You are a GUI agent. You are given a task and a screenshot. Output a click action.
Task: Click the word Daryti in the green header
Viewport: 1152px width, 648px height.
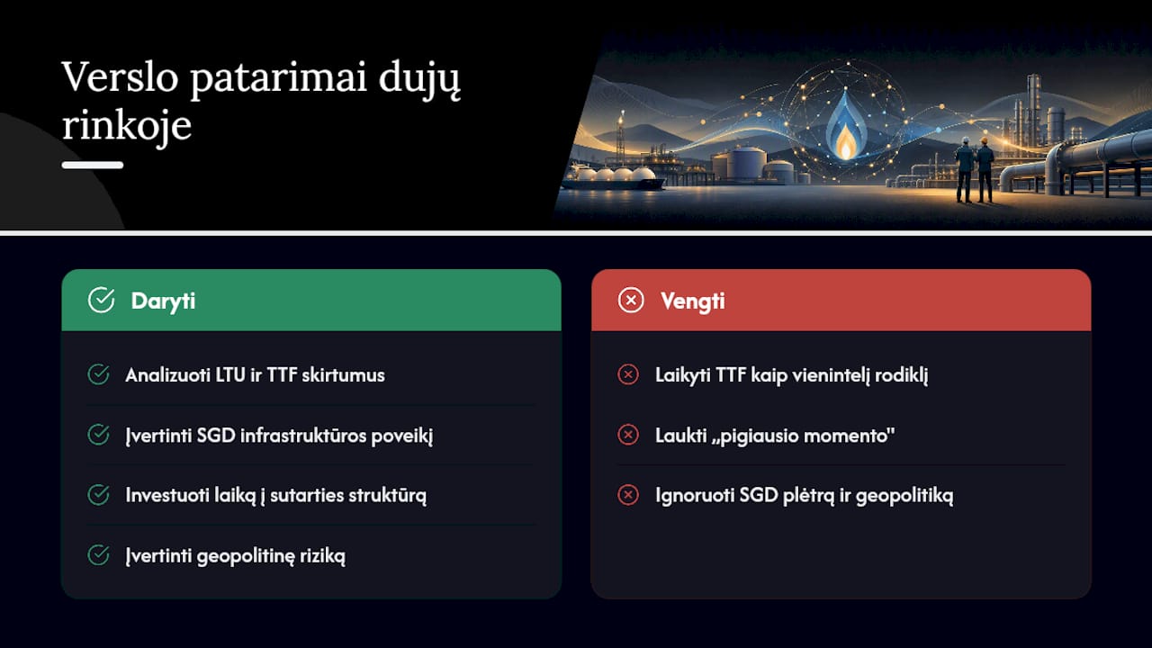click(163, 301)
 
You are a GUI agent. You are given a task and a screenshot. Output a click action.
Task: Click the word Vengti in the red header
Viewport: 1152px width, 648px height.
click(693, 301)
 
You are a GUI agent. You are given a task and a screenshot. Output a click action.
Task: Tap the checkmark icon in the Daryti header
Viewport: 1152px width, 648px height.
click(102, 300)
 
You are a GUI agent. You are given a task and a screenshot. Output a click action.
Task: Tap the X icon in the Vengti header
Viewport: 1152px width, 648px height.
click(631, 300)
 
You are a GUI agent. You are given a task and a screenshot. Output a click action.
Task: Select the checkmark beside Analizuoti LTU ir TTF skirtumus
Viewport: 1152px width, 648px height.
click(98, 374)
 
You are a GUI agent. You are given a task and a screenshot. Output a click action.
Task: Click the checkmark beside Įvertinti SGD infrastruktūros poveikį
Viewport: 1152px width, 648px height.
click(98, 435)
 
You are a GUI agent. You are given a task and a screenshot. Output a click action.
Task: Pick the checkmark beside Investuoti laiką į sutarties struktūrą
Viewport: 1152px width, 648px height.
click(98, 495)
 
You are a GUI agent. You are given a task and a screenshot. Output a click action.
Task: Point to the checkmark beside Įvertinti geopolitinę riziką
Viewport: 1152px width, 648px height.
click(98, 555)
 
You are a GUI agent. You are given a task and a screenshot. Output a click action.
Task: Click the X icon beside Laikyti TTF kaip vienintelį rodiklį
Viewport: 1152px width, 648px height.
click(628, 374)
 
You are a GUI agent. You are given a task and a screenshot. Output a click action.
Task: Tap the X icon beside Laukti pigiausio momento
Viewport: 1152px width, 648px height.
click(628, 435)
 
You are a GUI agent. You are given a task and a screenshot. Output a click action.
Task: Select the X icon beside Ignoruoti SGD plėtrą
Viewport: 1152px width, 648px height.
click(628, 495)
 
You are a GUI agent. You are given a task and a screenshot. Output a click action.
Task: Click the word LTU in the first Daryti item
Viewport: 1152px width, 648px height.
click(229, 375)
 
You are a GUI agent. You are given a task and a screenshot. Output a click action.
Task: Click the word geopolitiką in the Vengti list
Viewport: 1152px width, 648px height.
click(904, 496)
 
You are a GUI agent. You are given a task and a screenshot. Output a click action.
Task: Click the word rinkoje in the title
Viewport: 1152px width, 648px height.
click(127, 127)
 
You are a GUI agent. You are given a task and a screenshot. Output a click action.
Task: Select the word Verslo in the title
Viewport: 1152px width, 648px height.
click(120, 77)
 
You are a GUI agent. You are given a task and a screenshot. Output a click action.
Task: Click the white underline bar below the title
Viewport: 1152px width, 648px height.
click(93, 165)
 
